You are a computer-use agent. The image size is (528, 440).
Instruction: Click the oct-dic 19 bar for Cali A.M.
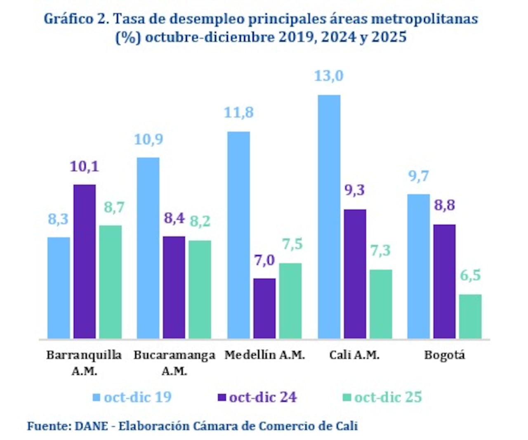coord(329,217)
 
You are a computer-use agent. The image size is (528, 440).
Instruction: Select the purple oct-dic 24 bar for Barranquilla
coord(85,262)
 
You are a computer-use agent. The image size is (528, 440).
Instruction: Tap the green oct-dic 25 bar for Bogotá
coord(470,317)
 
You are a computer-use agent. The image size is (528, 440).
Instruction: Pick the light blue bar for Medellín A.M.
coord(238,235)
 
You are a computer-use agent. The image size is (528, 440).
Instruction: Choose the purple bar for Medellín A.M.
coord(264,308)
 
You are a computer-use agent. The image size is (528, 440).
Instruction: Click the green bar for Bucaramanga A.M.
coord(200,289)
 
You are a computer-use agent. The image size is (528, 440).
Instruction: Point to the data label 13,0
coord(329,76)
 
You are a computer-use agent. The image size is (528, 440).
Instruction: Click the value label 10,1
coord(85,167)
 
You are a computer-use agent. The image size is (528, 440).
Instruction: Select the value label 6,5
coord(470,275)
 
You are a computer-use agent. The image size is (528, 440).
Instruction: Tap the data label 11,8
coord(238,113)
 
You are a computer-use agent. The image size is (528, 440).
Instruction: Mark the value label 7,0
coord(264,260)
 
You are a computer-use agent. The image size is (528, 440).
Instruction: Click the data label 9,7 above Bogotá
coord(419,176)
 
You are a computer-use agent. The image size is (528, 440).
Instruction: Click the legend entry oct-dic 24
coord(263,397)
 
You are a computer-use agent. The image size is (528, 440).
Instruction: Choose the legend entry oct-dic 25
coord(388,397)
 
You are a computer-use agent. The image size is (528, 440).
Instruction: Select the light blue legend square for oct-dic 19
coord(97,397)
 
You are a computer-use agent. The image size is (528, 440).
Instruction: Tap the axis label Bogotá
coord(444,355)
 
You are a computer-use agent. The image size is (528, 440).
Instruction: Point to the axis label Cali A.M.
coord(354,355)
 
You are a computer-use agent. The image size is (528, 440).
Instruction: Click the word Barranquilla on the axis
coord(84,355)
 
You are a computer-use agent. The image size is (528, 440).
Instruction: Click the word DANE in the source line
coord(91,426)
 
